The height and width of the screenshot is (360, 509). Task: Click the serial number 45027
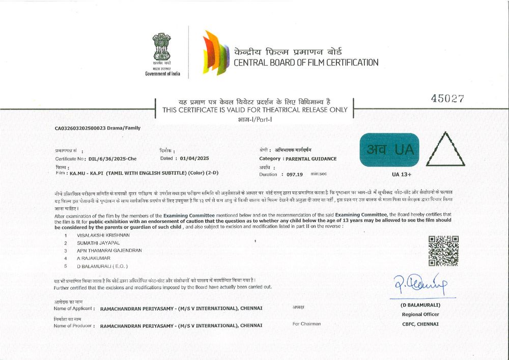click(x=447, y=99)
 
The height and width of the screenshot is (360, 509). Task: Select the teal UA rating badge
click(x=389, y=149)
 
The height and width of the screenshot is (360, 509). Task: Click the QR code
click(x=443, y=251)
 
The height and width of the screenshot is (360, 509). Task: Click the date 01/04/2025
click(x=192, y=158)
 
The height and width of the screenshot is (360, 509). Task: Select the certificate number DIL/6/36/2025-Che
click(x=112, y=158)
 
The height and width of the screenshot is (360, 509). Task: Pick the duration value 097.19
click(x=295, y=174)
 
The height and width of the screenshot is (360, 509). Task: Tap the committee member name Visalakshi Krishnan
click(x=103, y=235)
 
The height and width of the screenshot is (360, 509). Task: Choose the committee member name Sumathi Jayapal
click(x=98, y=243)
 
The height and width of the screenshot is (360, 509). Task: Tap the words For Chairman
click(x=306, y=324)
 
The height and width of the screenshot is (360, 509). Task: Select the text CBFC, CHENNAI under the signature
click(x=420, y=324)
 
